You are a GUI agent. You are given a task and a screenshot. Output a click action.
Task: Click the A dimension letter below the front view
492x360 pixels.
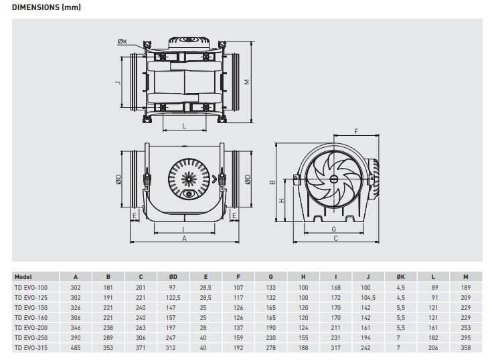pos(183,238)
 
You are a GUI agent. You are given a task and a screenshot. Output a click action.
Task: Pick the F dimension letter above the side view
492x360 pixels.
pos(355,131)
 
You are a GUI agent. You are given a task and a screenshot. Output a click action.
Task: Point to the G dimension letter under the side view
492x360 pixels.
pos(333,229)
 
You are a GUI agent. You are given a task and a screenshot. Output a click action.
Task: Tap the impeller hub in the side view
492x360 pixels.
pos(333,179)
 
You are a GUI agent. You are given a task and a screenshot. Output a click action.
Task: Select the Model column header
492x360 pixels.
pos(23,276)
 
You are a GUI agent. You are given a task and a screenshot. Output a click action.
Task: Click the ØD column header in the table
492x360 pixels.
pos(173,276)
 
